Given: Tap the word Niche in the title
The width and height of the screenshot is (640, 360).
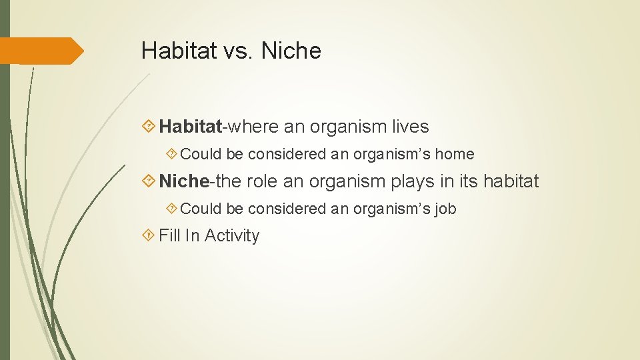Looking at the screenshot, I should [291, 51].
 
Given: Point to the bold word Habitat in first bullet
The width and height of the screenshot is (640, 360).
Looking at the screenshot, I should [190, 126].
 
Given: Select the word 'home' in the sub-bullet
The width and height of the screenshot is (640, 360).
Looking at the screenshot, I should [455, 154].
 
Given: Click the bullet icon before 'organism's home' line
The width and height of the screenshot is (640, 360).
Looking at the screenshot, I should [171, 154].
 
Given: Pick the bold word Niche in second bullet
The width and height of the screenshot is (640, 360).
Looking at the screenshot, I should [184, 181].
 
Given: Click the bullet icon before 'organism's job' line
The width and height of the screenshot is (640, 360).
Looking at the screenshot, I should [171, 209].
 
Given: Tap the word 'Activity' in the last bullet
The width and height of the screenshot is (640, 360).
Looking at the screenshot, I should [232, 235].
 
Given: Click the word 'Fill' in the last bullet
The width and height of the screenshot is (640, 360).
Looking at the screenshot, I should [169, 235].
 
